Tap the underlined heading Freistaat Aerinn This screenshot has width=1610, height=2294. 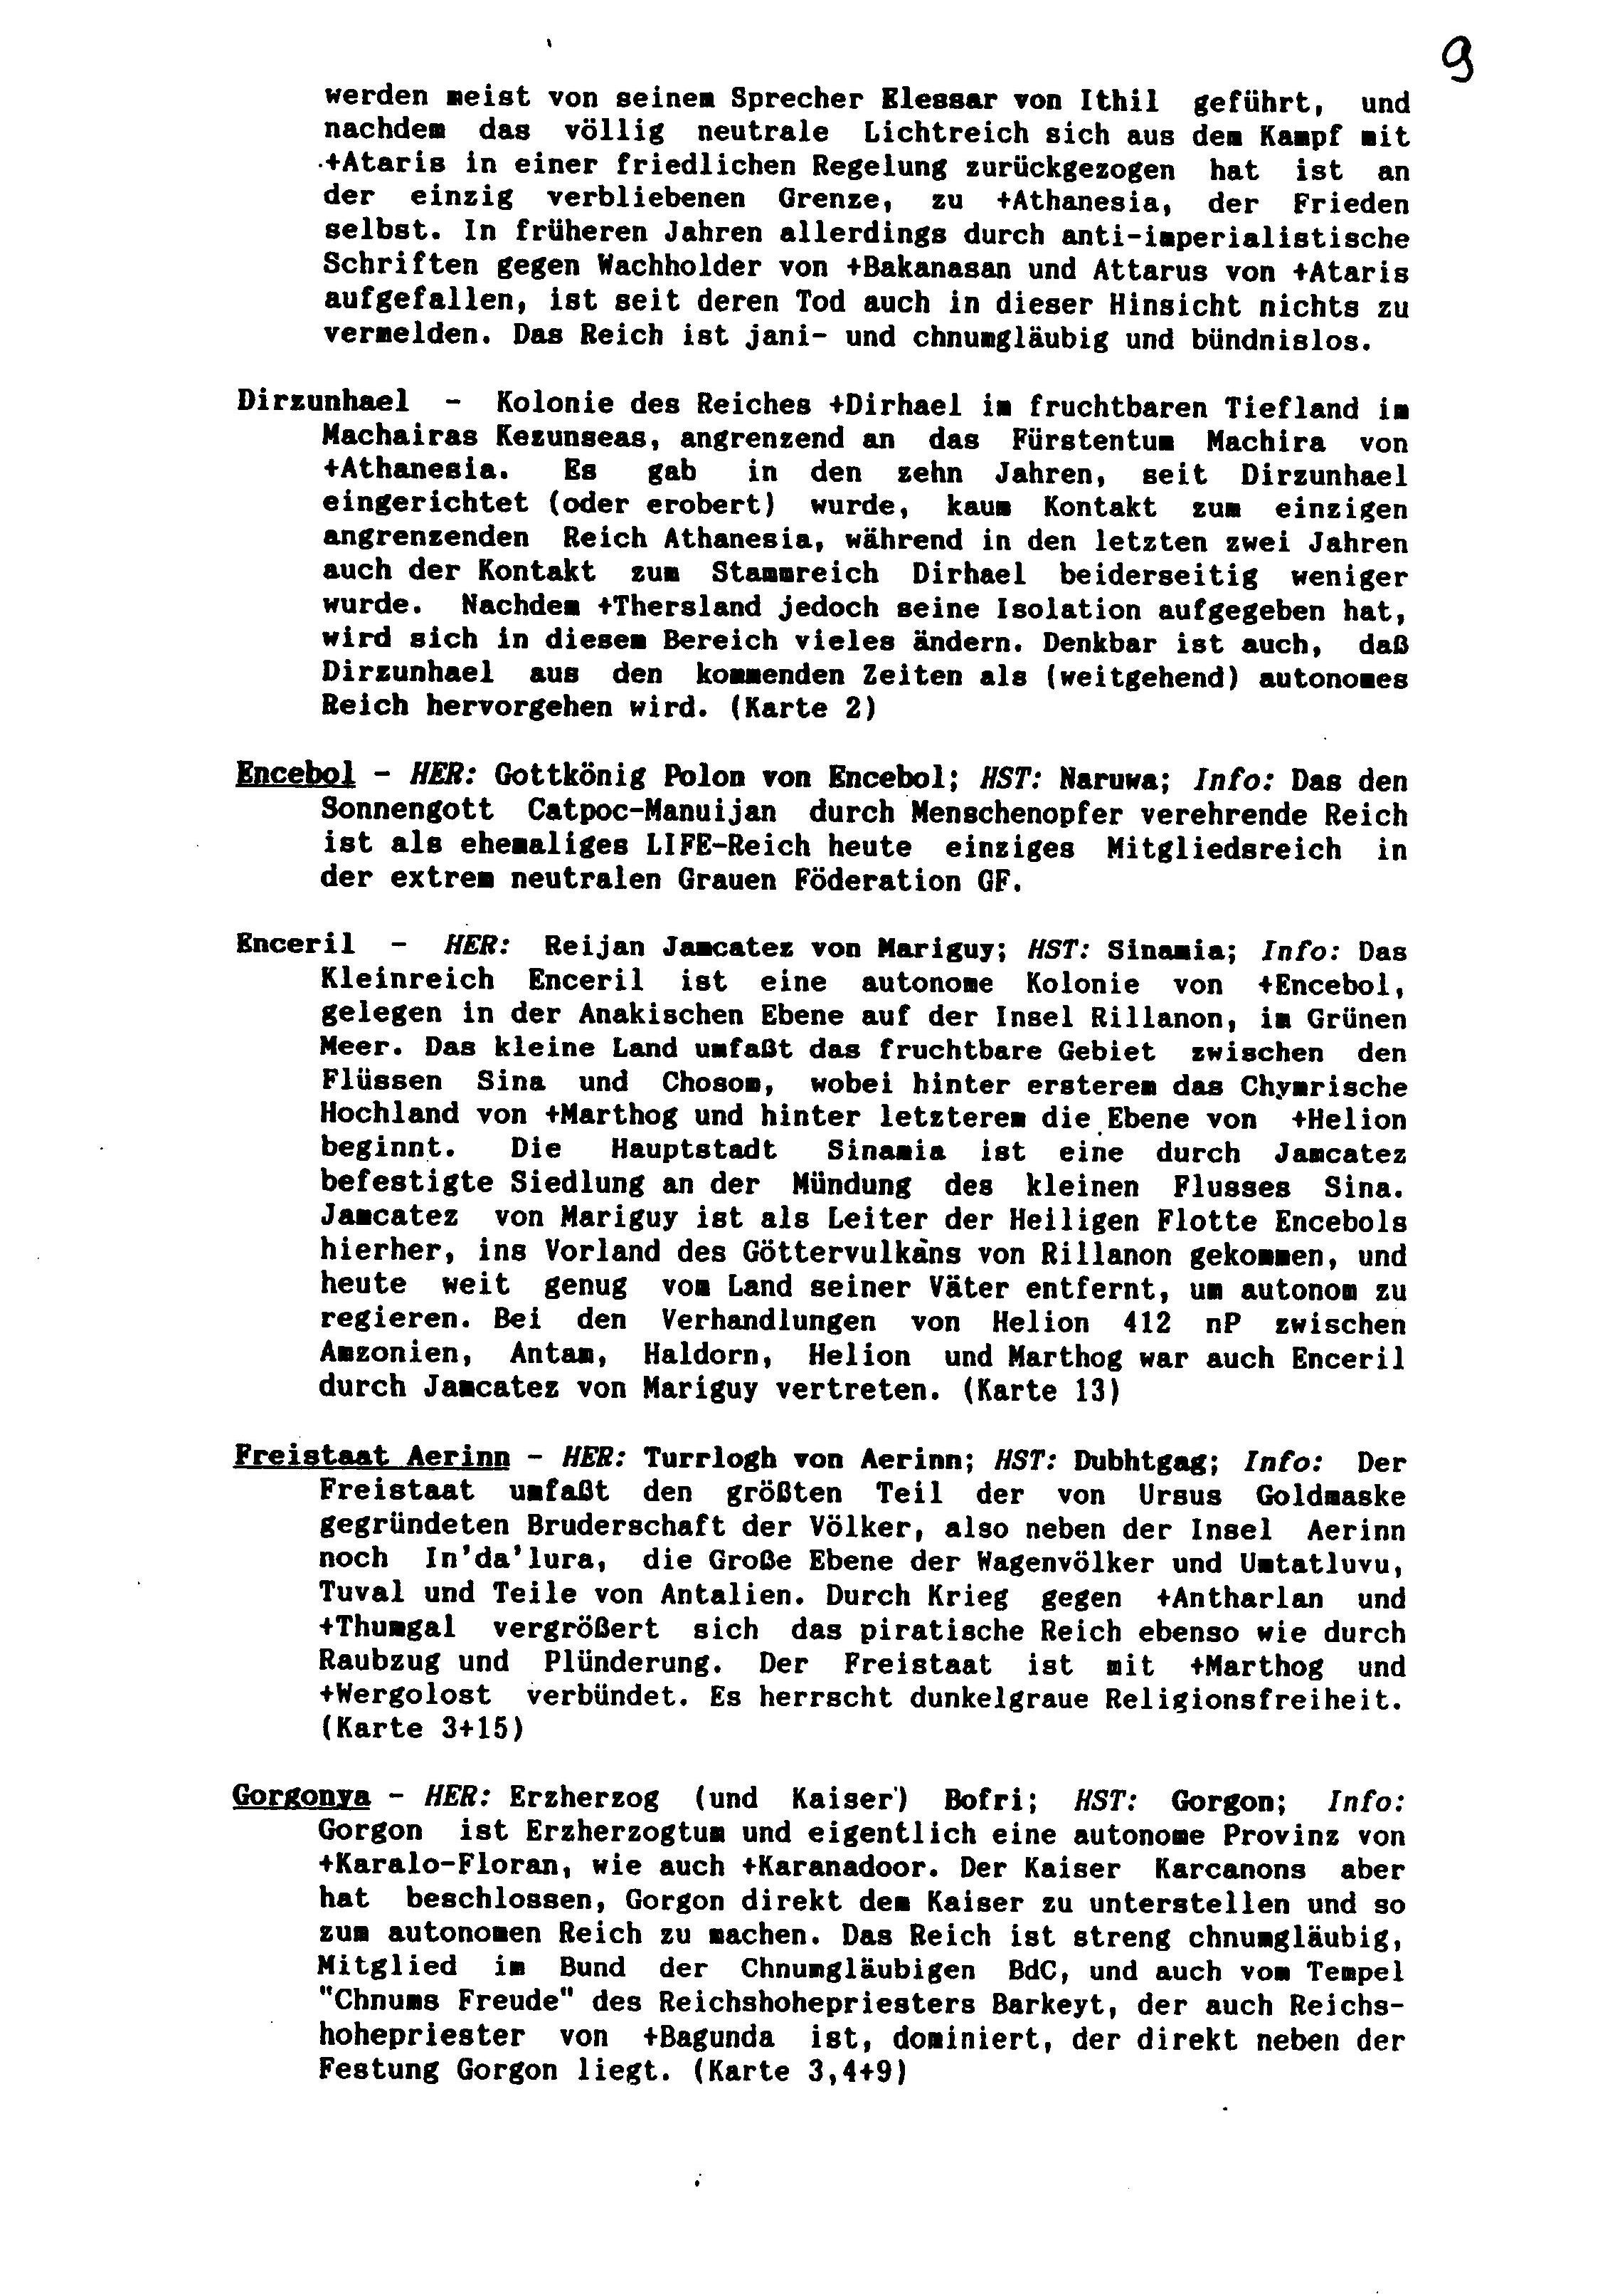tap(371, 1457)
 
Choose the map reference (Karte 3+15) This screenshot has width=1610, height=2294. tap(421, 1727)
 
